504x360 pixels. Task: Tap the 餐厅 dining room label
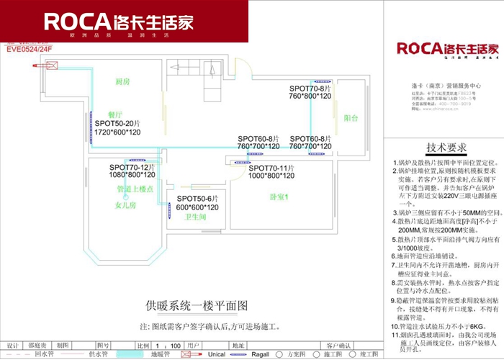(116, 114)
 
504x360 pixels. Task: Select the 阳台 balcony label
(351, 117)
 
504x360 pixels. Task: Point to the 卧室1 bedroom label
(279, 197)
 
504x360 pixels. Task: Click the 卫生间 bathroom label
(196, 216)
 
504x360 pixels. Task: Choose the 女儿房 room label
(125, 204)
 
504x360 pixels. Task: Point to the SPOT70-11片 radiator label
(273, 167)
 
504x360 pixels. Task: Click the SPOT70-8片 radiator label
(310, 86)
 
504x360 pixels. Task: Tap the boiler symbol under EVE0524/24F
(51, 64)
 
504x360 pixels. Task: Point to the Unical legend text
(217, 354)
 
